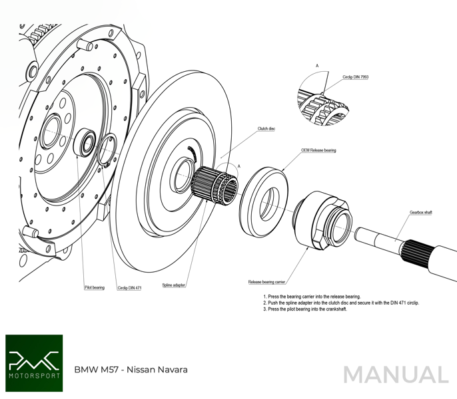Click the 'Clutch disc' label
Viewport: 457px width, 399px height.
click(266, 128)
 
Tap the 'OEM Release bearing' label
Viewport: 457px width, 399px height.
click(318, 150)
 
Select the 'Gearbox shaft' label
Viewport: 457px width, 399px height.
click(421, 212)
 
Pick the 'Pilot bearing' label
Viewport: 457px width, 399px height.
click(94, 288)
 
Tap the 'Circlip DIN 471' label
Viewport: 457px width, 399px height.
click(129, 288)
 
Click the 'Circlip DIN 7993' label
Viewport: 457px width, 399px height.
click(356, 77)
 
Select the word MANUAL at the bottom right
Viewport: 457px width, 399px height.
click(396, 375)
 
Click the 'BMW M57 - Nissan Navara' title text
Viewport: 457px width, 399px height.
click(131, 369)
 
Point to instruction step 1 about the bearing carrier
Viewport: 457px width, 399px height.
click(311, 297)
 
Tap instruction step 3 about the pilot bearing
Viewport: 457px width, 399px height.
click(304, 309)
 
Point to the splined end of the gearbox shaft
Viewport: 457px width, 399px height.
click(417, 252)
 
